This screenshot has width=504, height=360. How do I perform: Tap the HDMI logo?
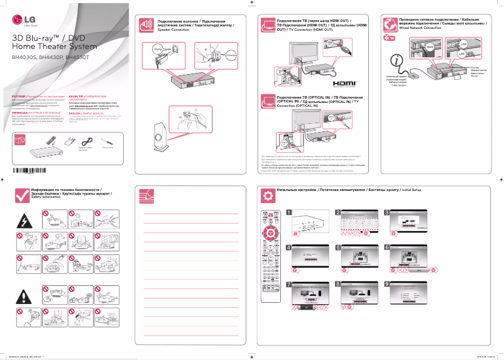(344, 83)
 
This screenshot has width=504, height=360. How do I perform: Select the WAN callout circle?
(430, 47)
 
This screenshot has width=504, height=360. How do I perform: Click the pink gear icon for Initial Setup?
(268, 196)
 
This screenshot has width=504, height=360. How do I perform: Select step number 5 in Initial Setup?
(338, 248)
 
